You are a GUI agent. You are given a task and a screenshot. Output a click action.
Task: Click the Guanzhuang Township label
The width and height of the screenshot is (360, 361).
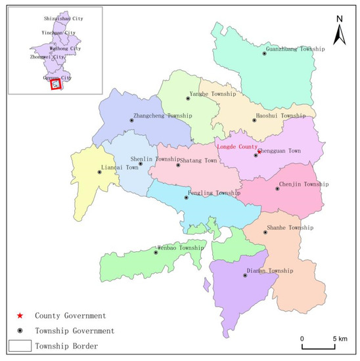pos(295,48)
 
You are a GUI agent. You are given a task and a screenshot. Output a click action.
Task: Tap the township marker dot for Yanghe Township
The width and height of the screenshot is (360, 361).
pos(189,98)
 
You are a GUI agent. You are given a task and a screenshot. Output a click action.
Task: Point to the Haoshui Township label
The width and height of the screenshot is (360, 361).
pos(281,116)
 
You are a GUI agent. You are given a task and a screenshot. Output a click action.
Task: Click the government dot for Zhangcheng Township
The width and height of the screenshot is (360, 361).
pos(132,121)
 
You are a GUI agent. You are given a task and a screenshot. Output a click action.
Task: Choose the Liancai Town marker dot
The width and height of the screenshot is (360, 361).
pos(99,173)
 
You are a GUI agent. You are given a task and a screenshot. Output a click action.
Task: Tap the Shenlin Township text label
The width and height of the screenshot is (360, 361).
pos(155,159)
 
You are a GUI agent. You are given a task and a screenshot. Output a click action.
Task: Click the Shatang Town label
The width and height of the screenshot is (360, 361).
pos(200,160)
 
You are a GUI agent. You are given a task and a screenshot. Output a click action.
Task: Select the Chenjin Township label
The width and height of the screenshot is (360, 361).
pos(304,184)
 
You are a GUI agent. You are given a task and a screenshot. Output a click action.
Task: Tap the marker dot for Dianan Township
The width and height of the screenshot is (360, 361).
pos(245,276)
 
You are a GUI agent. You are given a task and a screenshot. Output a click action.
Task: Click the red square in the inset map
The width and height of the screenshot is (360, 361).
pos(56,85)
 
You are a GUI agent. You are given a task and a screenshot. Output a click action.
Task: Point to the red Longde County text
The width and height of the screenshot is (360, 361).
pos(236,147)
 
